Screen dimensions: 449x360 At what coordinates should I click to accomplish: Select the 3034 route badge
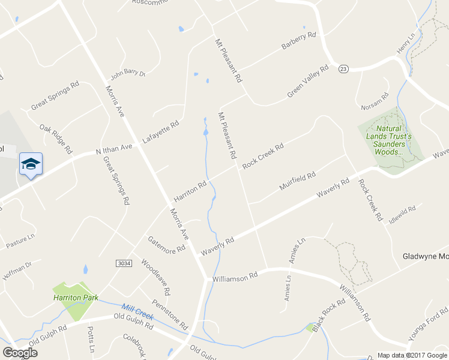(124, 263)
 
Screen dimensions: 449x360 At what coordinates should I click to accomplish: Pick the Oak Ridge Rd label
(56, 138)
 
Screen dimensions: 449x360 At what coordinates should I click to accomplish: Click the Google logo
(19, 353)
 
